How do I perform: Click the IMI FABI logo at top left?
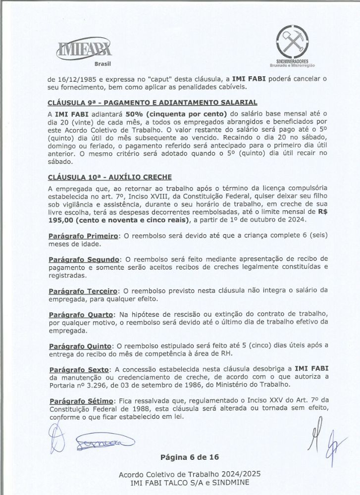coord(84,49)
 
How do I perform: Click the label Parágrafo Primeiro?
coord(83,236)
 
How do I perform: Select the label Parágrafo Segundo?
coord(84,260)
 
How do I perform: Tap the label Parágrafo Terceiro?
coord(83,292)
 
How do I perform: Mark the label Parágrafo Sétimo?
coord(81,400)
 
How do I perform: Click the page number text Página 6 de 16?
coord(190,456)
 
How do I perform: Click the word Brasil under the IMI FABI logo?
coord(102,64)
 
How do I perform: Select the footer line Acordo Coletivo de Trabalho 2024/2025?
coord(189,474)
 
